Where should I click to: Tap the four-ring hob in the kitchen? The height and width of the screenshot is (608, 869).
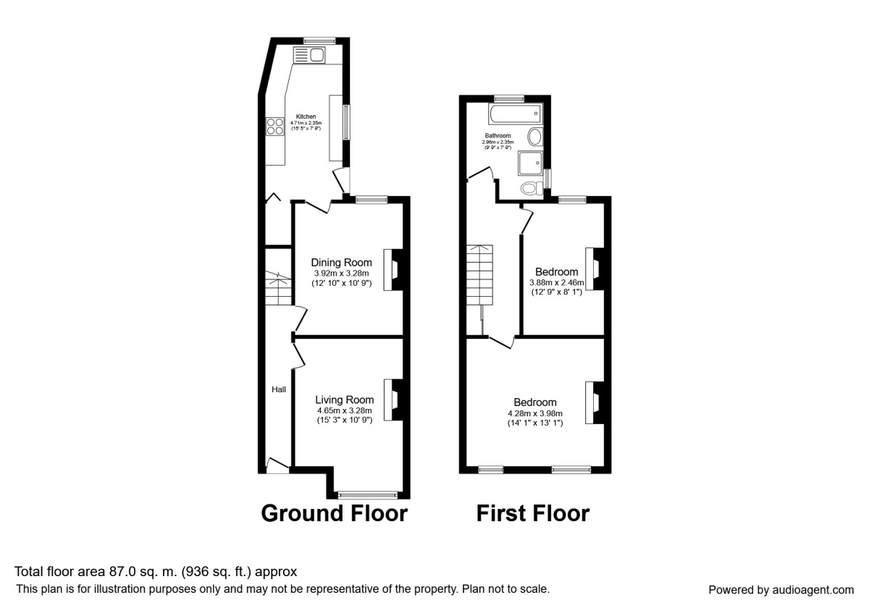[275, 127]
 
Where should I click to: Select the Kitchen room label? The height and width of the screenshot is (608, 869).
[306, 117]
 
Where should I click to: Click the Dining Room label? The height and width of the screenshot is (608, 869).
[342, 262]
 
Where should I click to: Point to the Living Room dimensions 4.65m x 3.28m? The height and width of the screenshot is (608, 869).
[344, 410]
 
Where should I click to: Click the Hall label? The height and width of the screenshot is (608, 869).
[279, 389]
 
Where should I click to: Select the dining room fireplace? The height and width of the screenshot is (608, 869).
[391, 269]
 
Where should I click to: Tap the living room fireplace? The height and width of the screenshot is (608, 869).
[392, 399]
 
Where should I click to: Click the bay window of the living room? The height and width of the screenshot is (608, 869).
[368, 495]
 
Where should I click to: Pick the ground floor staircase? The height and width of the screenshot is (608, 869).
[277, 287]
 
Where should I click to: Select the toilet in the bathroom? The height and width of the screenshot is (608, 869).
[530, 188]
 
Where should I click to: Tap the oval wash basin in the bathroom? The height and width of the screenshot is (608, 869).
[536, 137]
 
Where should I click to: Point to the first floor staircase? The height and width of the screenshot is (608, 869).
[479, 275]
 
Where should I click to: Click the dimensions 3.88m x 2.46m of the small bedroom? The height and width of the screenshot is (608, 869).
[556, 283]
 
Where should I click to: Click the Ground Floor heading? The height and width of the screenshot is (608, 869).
[334, 513]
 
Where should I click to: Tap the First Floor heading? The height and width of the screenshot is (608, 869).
[532, 513]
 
